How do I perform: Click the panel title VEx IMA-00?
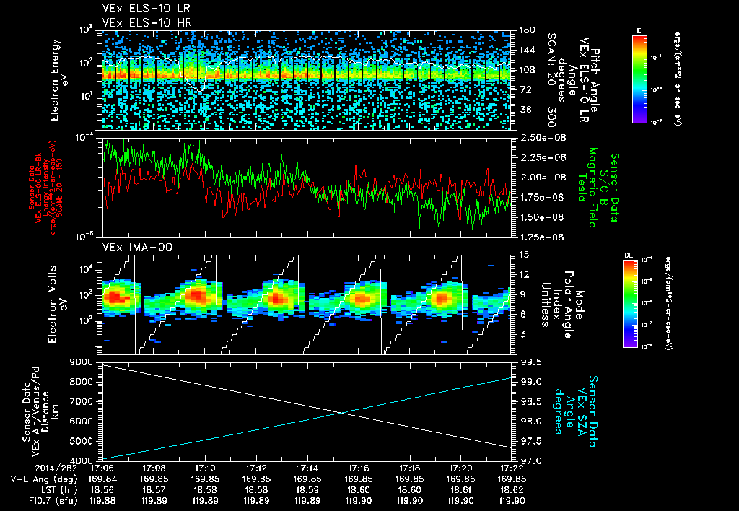pyautogui.click(x=128, y=247)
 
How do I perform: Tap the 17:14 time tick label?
pyautogui.click(x=308, y=468)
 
